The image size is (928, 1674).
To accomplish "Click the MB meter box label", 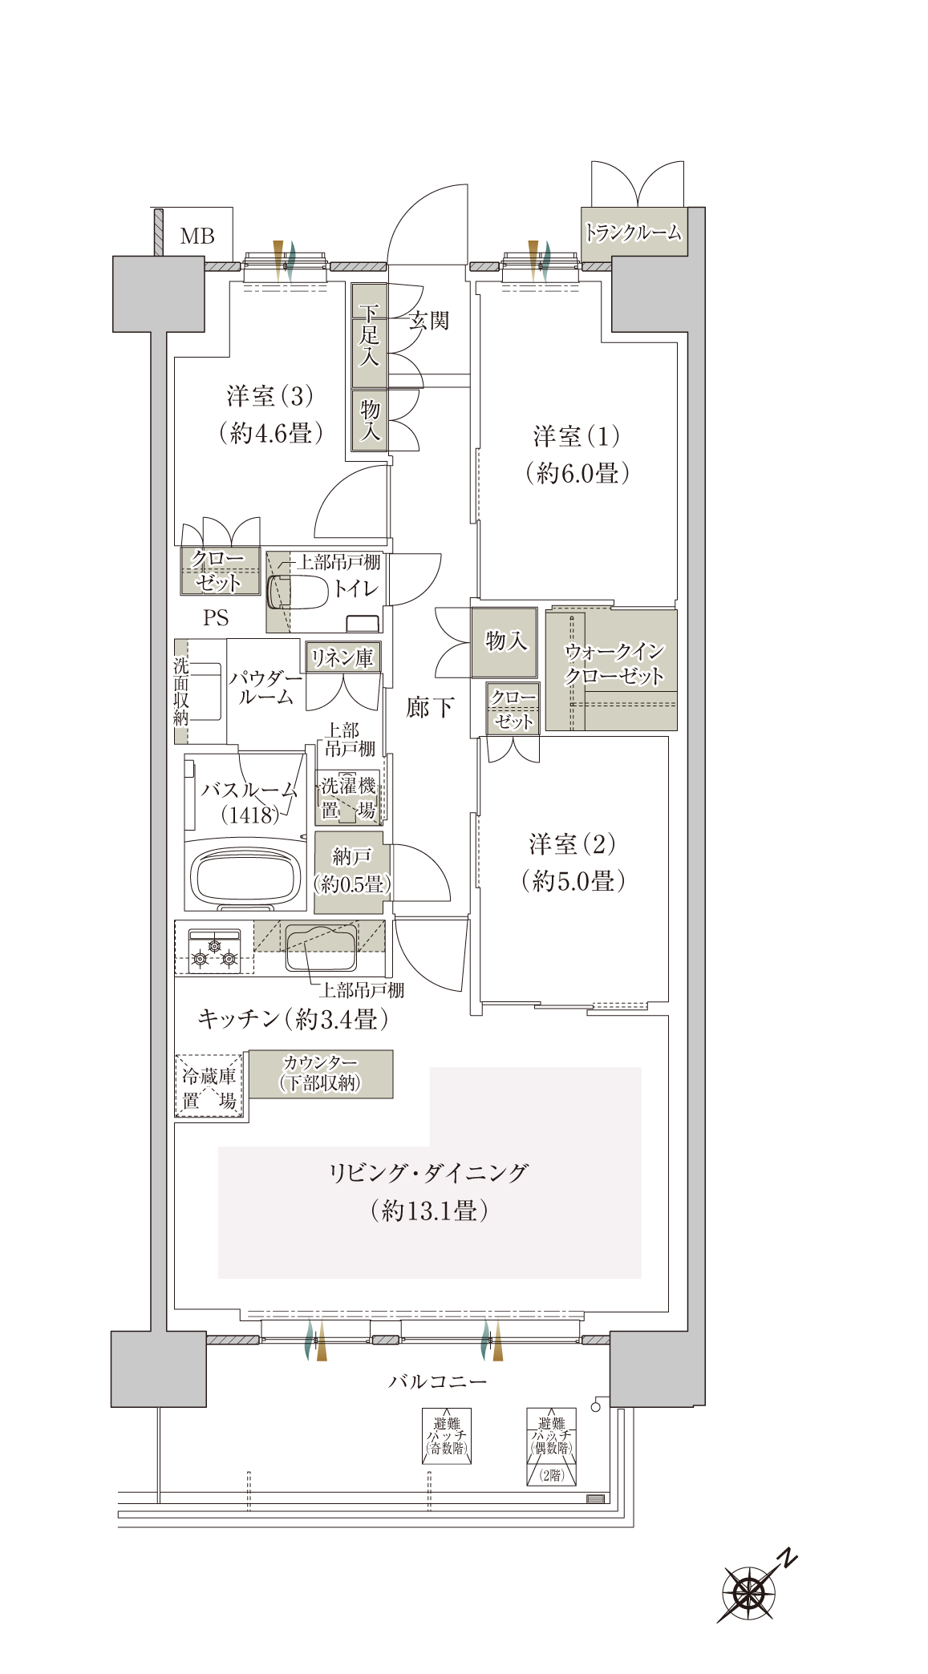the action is [197, 236].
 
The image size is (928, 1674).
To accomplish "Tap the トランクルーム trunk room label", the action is [634, 232].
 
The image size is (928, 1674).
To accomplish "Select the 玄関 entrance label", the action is [429, 321].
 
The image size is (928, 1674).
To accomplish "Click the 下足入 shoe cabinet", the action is [369, 335].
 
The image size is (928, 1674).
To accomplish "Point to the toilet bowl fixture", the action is [298, 592].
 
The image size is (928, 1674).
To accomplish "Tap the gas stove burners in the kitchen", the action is [214, 952].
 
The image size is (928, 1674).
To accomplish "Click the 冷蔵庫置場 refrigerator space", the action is [209, 1086].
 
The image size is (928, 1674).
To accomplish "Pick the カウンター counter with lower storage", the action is [321, 1074].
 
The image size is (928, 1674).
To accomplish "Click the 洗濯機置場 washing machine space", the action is [348, 797].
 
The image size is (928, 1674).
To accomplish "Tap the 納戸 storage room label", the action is [351, 856].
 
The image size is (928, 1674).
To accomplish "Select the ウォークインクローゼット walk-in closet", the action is [611, 669].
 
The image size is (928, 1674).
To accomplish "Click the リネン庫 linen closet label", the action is [342, 658].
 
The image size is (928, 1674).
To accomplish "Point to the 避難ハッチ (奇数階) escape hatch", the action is [447, 1436].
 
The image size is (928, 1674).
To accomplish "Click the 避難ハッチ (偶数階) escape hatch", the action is [552, 1446].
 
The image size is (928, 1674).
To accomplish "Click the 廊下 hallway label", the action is [430, 707].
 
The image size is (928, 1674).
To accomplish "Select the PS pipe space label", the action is [216, 618].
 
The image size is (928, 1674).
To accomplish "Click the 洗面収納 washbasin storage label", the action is [181, 691].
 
